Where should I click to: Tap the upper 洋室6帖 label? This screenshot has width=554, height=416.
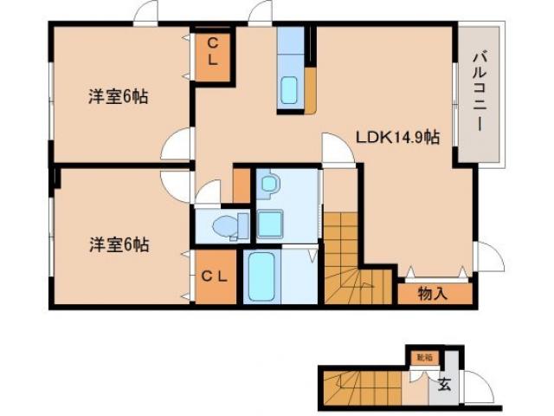tap(118, 96)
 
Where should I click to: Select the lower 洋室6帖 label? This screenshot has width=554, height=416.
tap(118, 244)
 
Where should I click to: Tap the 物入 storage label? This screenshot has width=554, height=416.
tap(432, 294)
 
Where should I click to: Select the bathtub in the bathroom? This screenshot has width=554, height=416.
tap(260, 277)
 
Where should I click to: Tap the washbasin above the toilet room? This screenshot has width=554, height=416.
tap(268, 184)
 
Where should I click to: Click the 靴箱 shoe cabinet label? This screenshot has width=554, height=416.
tap(422, 357)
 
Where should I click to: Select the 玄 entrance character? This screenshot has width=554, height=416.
tap(444, 384)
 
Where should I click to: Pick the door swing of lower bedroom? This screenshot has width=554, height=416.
tap(177, 184)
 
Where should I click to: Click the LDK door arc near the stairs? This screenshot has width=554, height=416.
tap(337, 148)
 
